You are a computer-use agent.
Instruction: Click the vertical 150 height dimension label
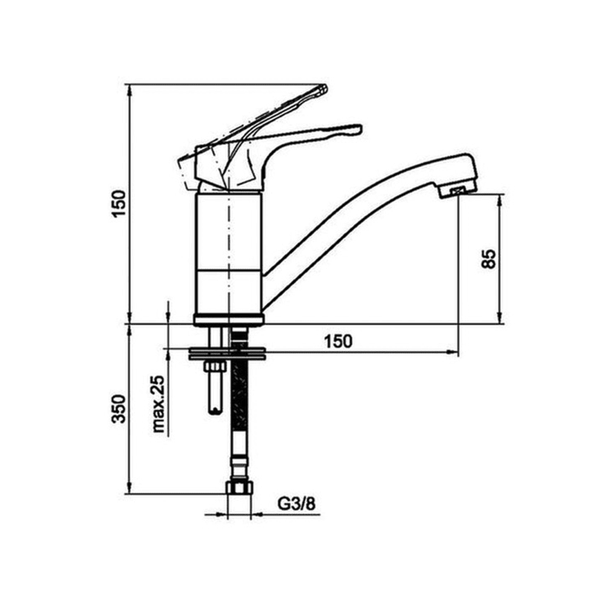[119, 204]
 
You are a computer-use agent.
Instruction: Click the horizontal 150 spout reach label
[338, 341]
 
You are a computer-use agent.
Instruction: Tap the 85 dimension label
[488, 259]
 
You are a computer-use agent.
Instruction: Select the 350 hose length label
[119, 408]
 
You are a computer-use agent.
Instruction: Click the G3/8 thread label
[296, 504]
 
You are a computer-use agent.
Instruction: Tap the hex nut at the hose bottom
[239, 487]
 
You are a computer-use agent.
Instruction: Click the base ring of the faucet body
[230, 319]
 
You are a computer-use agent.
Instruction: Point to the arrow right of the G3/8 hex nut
[258, 514]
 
